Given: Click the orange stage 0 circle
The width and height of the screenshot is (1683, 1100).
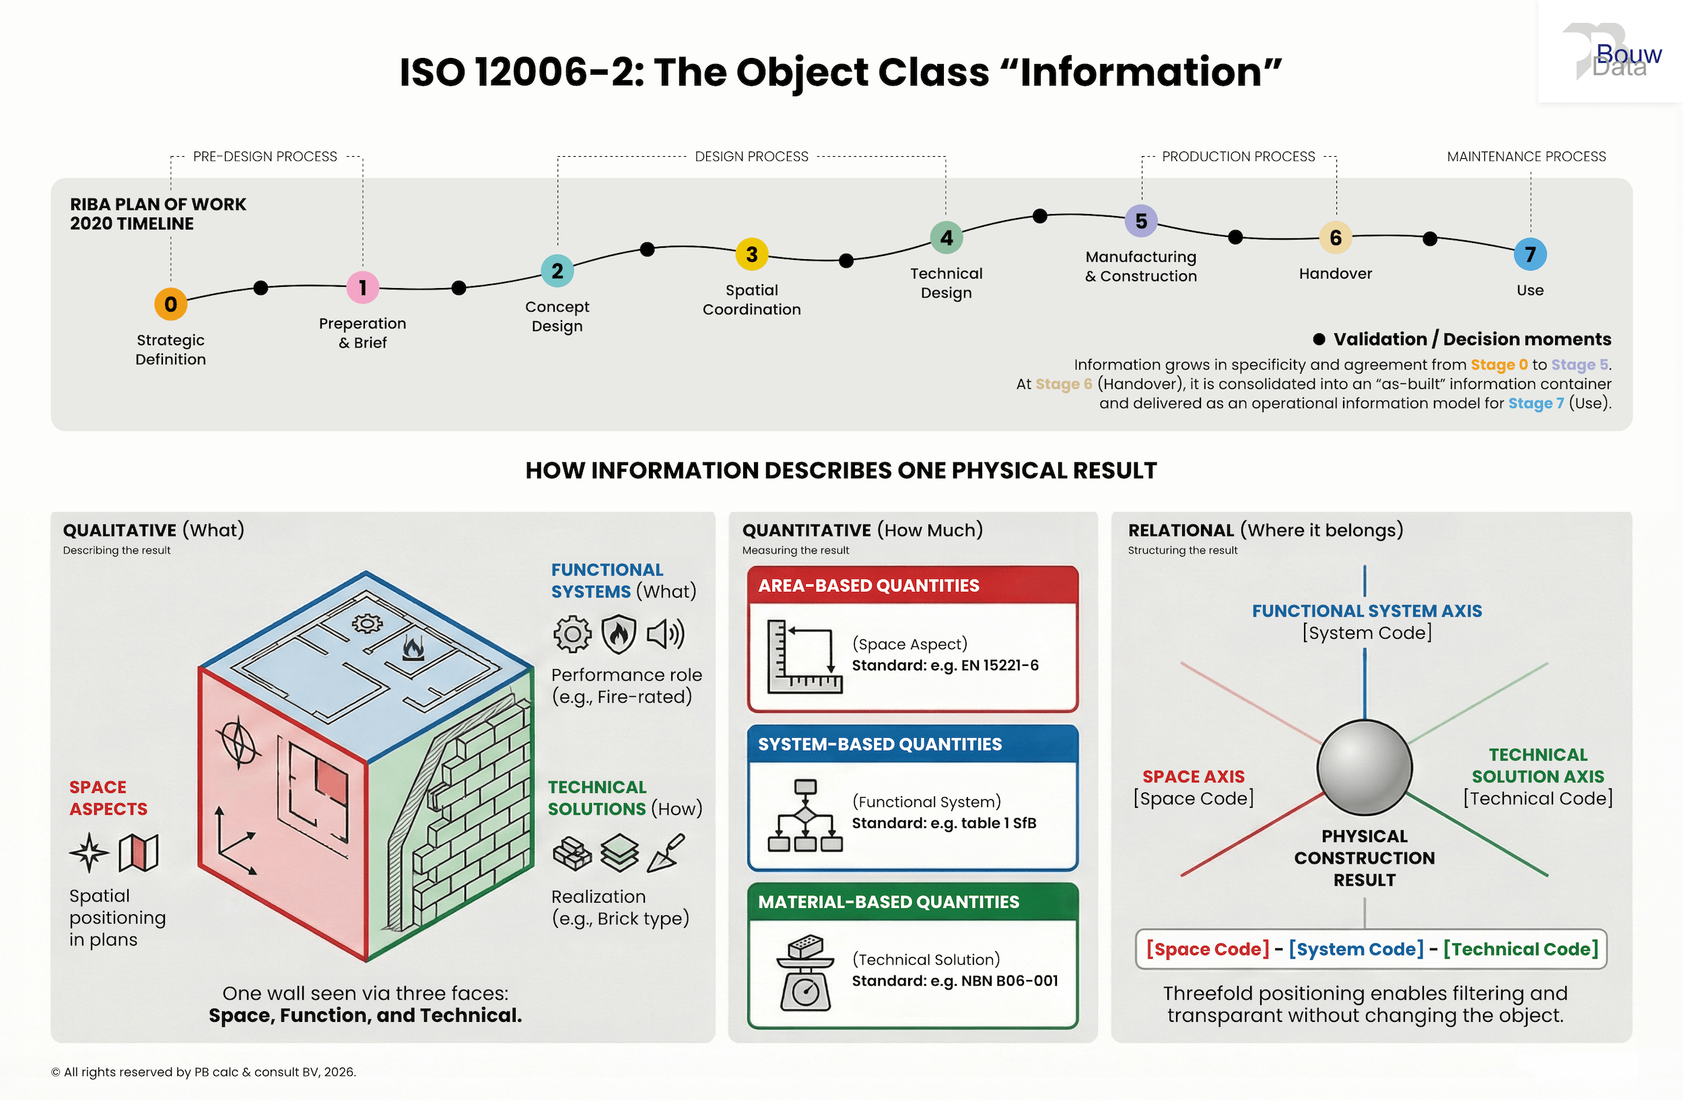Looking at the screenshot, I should [170, 304].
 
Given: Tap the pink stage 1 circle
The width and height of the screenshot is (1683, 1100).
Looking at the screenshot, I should [363, 287].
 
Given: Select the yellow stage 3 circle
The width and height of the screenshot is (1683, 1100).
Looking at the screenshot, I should [752, 254].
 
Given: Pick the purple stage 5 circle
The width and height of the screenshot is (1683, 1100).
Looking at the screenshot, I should [1140, 221].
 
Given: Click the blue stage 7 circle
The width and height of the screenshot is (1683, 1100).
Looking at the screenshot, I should [1530, 254].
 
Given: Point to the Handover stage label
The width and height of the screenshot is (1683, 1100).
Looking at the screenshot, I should [1335, 273].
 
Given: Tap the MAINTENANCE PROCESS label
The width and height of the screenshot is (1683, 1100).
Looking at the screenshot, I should [1526, 156].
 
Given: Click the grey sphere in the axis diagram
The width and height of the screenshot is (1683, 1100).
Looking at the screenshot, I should [1364, 767].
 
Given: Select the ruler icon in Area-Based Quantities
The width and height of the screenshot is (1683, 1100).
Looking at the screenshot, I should [804, 657].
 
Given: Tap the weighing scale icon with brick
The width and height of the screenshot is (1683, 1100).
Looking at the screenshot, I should [805, 973].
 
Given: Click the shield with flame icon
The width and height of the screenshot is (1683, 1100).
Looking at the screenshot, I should [619, 633].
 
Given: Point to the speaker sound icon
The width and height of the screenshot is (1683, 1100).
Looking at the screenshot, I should [664, 633].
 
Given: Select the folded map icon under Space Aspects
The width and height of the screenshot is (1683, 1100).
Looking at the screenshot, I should [139, 852].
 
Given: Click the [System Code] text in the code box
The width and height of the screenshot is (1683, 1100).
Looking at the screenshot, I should [1356, 949].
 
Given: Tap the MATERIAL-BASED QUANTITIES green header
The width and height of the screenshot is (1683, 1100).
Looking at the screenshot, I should [912, 902].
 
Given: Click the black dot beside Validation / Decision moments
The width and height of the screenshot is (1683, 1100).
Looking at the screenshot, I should [1319, 339].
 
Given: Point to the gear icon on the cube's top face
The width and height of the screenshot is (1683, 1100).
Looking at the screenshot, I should [367, 623].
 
